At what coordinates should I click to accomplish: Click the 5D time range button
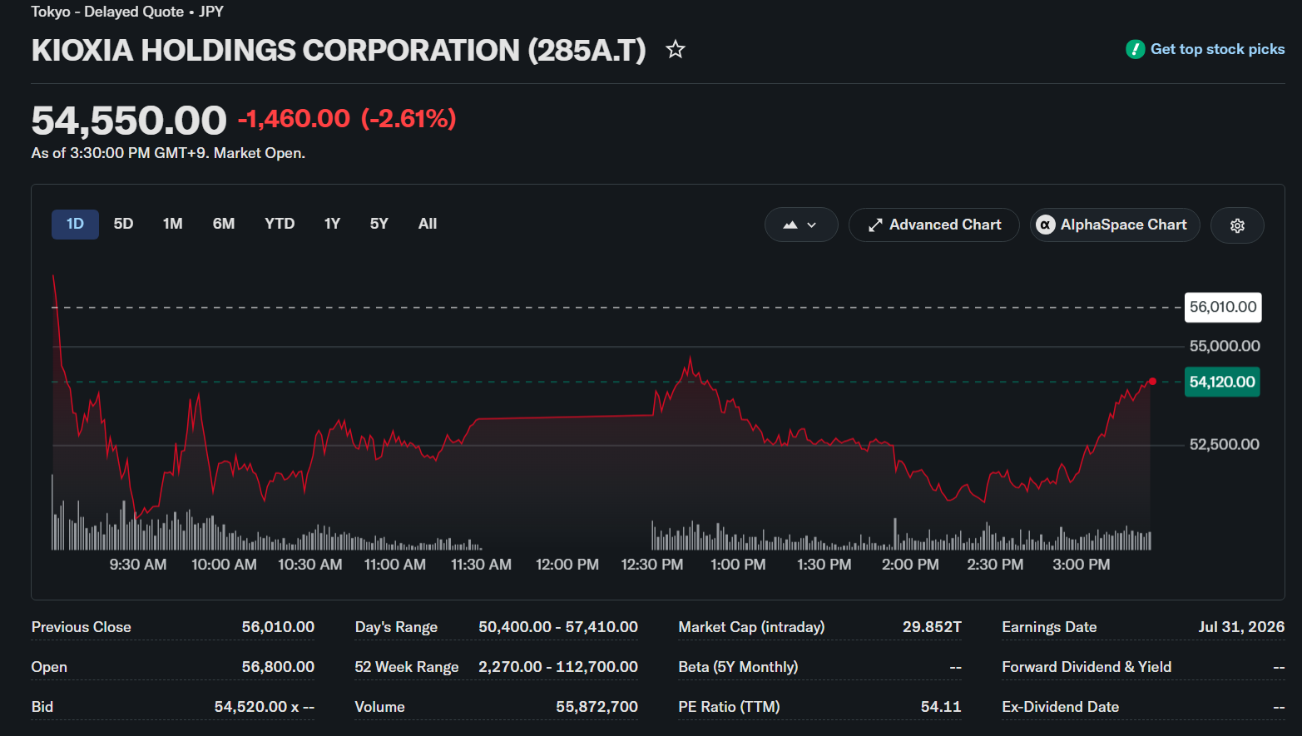tap(123, 225)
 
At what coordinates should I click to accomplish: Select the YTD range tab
tap(280, 225)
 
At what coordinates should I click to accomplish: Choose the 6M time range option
tap(224, 225)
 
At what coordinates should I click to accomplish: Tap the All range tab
tap(428, 225)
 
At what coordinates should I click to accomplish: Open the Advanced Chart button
tap(934, 225)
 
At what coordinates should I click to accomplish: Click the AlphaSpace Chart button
tap(1115, 225)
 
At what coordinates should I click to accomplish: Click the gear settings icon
tap(1237, 225)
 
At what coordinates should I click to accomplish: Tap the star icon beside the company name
tap(675, 49)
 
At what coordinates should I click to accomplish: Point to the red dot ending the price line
tap(1152, 381)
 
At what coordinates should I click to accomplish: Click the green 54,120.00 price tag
tap(1222, 382)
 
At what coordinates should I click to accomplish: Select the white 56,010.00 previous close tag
tap(1223, 308)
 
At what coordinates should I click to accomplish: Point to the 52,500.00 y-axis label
tap(1224, 444)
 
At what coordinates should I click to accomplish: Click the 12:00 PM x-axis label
tap(567, 565)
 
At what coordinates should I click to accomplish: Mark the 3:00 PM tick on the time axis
tap(1082, 565)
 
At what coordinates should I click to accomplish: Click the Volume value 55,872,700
tap(597, 707)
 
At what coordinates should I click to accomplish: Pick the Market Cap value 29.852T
tap(932, 627)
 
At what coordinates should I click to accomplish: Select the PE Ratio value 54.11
tap(941, 707)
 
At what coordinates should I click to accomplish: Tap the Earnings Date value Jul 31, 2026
tap(1241, 627)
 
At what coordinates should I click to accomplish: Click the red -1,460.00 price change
tap(295, 119)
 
